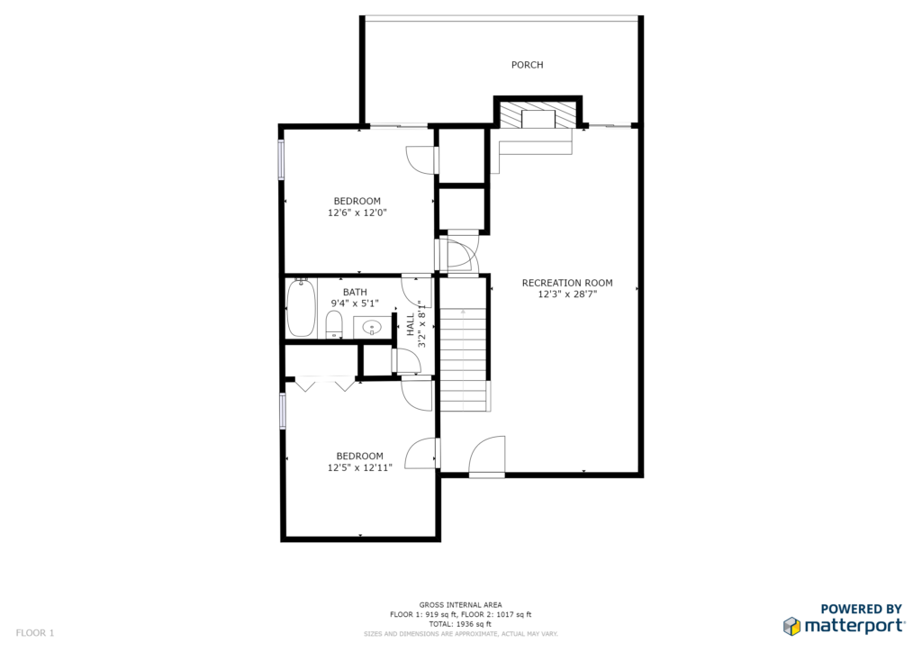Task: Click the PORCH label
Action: click(x=527, y=65)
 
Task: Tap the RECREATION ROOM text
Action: click(x=567, y=283)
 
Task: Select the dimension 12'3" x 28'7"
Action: click(x=567, y=294)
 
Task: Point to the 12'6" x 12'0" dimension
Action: click(x=357, y=213)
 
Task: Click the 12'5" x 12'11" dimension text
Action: click(x=359, y=467)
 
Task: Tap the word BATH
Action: click(x=355, y=292)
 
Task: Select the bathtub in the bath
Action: click(x=301, y=307)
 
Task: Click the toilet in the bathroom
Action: click(x=334, y=324)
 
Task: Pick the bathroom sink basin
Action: click(x=371, y=327)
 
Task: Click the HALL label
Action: click(x=410, y=324)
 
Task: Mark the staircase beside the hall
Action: click(x=464, y=344)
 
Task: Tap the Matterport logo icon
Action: click(x=791, y=626)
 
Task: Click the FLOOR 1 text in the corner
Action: click(x=35, y=632)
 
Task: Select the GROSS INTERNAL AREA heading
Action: click(x=460, y=604)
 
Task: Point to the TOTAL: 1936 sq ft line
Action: click(x=460, y=624)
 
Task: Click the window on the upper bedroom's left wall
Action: click(x=281, y=158)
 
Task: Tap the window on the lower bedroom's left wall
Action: click(x=283, y=411)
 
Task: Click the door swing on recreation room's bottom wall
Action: click(x=487, y=456)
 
